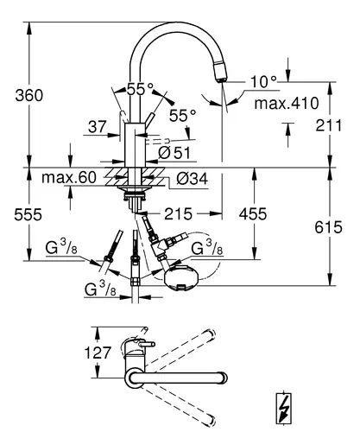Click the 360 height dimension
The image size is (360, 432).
pyautogui.click(x=29, y=95)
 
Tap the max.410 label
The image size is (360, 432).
pyautogui.click(x=287, y=103)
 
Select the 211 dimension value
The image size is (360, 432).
pyautogui.click(x=328, y=125)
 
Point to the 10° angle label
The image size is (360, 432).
pyautogui.click(x=263, y=81)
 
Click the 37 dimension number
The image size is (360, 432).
pyautogui.click(x=98, y=127)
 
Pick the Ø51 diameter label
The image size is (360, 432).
pyautogui.click(x=174, y=153)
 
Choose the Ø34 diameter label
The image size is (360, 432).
pyautogui.click(x=192, y=179)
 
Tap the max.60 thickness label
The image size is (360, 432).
pyautogui.click(x=69, y=177)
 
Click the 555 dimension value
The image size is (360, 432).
pyautogui.click(x=28, y=214)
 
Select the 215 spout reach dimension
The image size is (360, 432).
pyautogui.click(x=178, y=213)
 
